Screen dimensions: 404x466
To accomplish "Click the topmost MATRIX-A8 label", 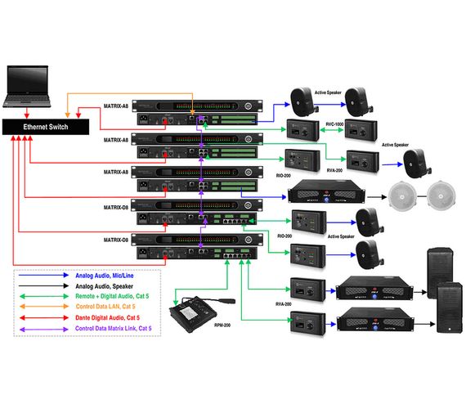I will [x=115, y=106].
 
